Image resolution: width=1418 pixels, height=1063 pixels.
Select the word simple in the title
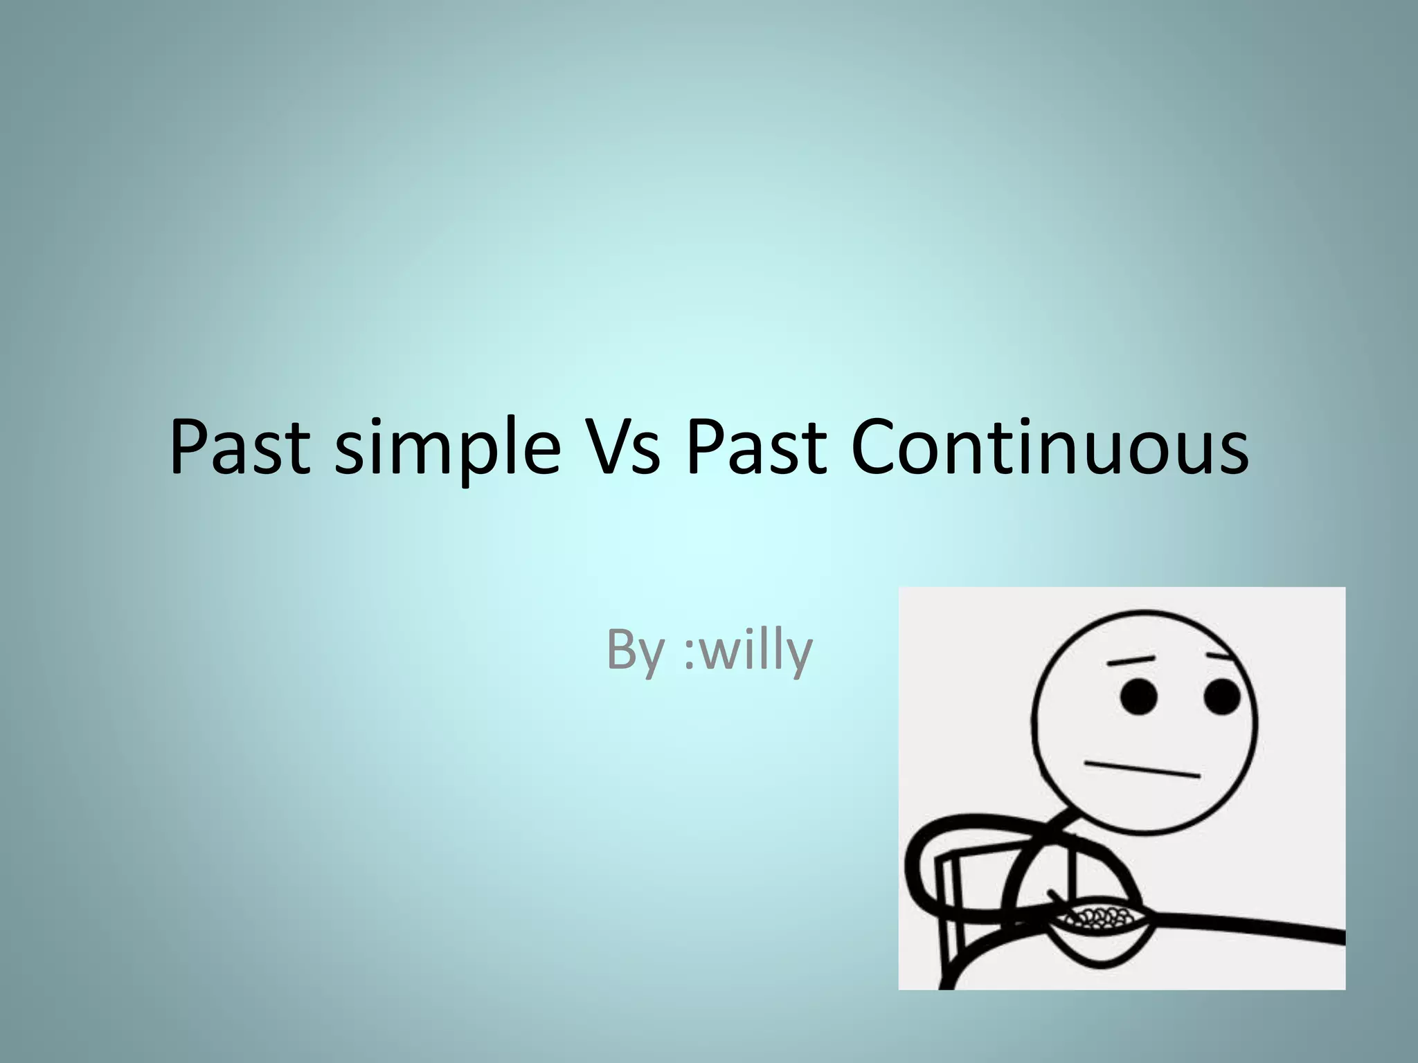point(447,450)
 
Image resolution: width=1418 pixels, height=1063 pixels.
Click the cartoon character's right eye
point(1222,697)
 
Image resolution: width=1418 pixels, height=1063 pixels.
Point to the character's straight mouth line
point(1142,770)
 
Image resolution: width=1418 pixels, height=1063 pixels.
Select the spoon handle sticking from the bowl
point(1058,900)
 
